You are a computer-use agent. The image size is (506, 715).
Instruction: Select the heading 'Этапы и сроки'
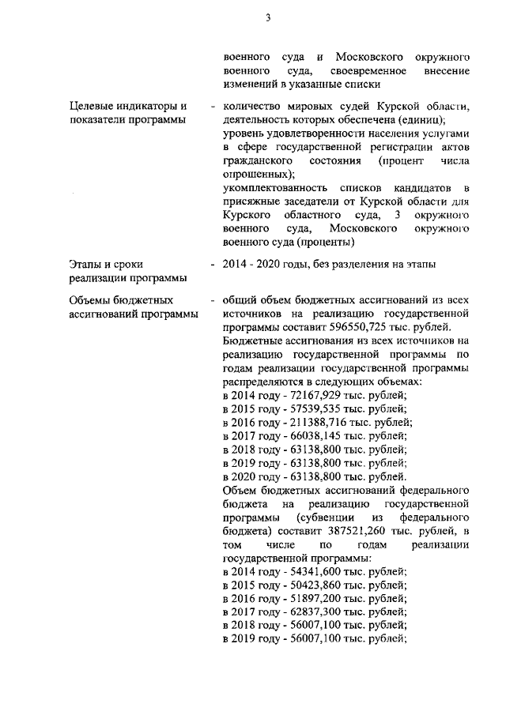click(x=106, y=263)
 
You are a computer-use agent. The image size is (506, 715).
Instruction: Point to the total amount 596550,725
click(x=386, y=326)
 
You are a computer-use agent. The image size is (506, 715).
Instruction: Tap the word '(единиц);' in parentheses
click(x=422, y=119)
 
